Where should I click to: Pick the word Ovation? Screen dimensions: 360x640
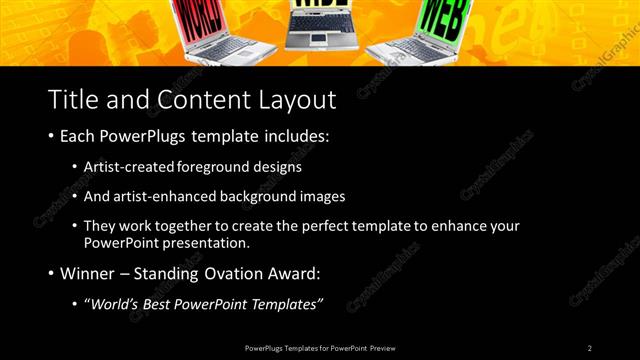click(x=224, y=273)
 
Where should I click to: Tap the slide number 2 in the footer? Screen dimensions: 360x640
click(x=589, y=348)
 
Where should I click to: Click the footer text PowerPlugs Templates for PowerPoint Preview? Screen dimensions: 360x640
click(x=320, y=348)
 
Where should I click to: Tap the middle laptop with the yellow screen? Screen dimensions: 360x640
click(x=318, y=25)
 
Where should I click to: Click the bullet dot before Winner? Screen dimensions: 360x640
click(x=52, y=273)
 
